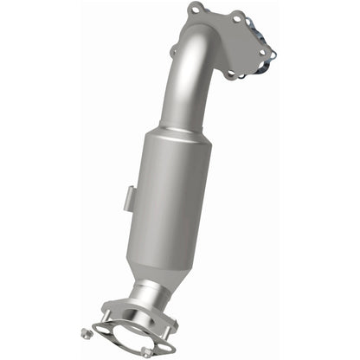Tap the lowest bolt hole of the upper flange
point(230,74)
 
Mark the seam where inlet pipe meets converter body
point(173,132)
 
